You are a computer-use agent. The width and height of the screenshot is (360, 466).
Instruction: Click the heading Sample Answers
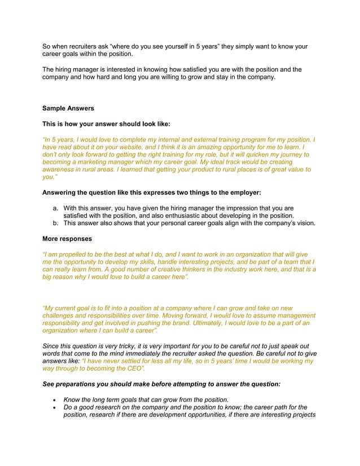point(68,108)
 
